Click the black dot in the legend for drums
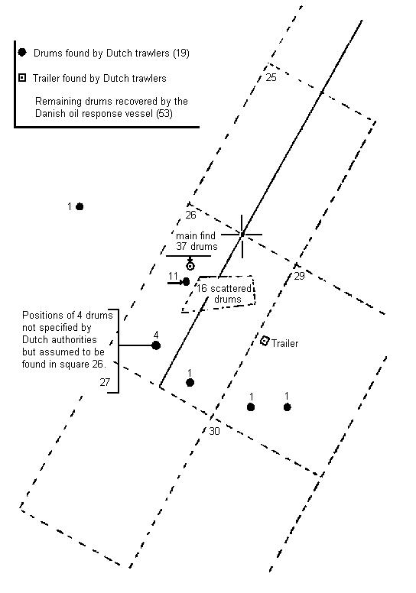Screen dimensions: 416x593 tap(22, 52)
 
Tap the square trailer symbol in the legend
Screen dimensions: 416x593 tap(22, 78)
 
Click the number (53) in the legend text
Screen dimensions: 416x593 tap(164, 113)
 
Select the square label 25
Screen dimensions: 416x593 tap(271, 77)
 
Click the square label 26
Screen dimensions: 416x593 tap(190, 215)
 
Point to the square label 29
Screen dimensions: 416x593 tap(300, 276)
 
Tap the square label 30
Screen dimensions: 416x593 tap(214, 431)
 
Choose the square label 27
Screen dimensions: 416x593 tap(105, 382)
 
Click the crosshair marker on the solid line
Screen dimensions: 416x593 tap(242, 235)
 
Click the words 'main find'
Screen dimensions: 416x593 tap(196, 235)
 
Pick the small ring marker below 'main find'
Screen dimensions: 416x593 tap(190, 266)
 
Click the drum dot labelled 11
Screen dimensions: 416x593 tap(186, 282)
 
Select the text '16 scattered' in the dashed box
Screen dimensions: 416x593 tap(224, 289)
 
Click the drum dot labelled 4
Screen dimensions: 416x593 tap(156, 345)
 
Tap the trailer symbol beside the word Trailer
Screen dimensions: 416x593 tap(265, 341)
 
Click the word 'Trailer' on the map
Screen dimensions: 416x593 tap(285, 343)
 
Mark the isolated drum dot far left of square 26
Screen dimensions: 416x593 tap(80, 206)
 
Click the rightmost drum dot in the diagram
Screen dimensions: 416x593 tap(288, 407)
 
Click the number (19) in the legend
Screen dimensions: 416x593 tap(181, 53)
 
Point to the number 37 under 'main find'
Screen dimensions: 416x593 tap(182, 247)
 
